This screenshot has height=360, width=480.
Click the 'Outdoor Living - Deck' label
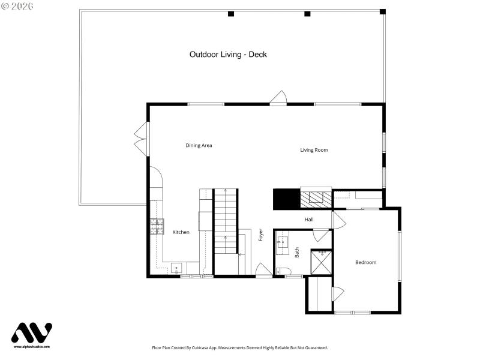(228, 55)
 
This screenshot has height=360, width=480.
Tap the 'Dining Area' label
(199, 145)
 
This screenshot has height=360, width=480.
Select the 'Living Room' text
(314, 150)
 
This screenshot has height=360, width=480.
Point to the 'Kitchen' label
(181, 232)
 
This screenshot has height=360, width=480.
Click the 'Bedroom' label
(365, 262)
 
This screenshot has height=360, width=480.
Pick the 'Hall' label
(309, 220)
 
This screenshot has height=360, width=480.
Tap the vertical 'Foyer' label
(261, 235)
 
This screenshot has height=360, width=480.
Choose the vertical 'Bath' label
(297, 253)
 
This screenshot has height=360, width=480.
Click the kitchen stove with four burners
(157, 226)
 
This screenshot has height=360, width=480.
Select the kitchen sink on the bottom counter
(176, 268)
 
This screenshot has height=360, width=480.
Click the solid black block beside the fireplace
(286, 199)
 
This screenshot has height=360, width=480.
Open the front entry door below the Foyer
(264, 271)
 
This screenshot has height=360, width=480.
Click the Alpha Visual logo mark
(32, 334)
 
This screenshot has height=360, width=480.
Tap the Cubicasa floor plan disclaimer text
(240, 347)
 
